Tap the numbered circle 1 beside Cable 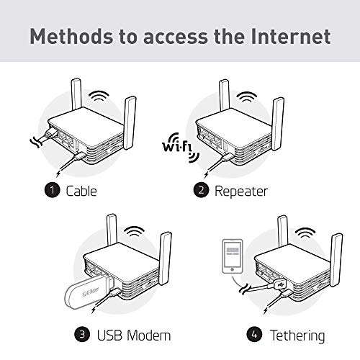pyautogui.click(x=52, y=192)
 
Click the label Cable pyautogui.click(x=82, y=192)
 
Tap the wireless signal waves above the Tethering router pyautogui.click(x=304, y=235)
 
